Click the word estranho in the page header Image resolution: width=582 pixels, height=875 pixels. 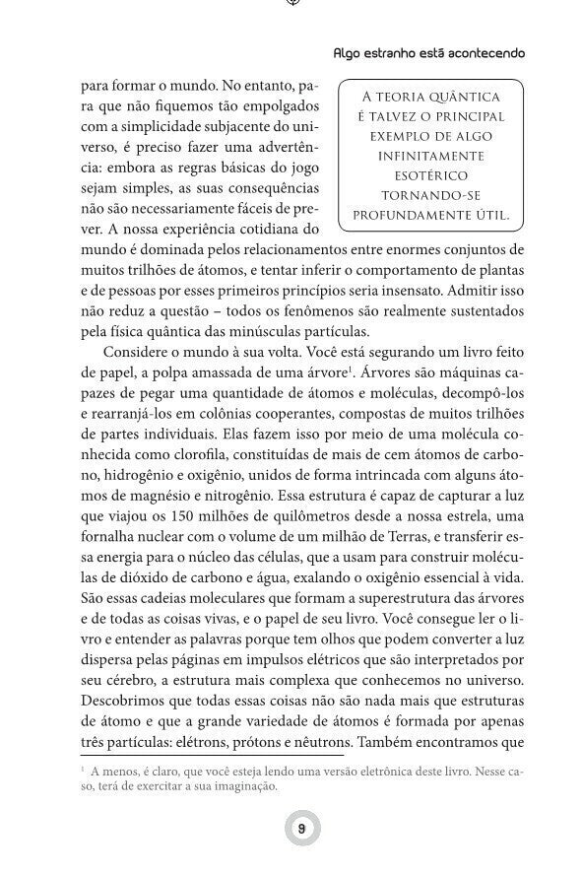(x=390, y=52)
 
